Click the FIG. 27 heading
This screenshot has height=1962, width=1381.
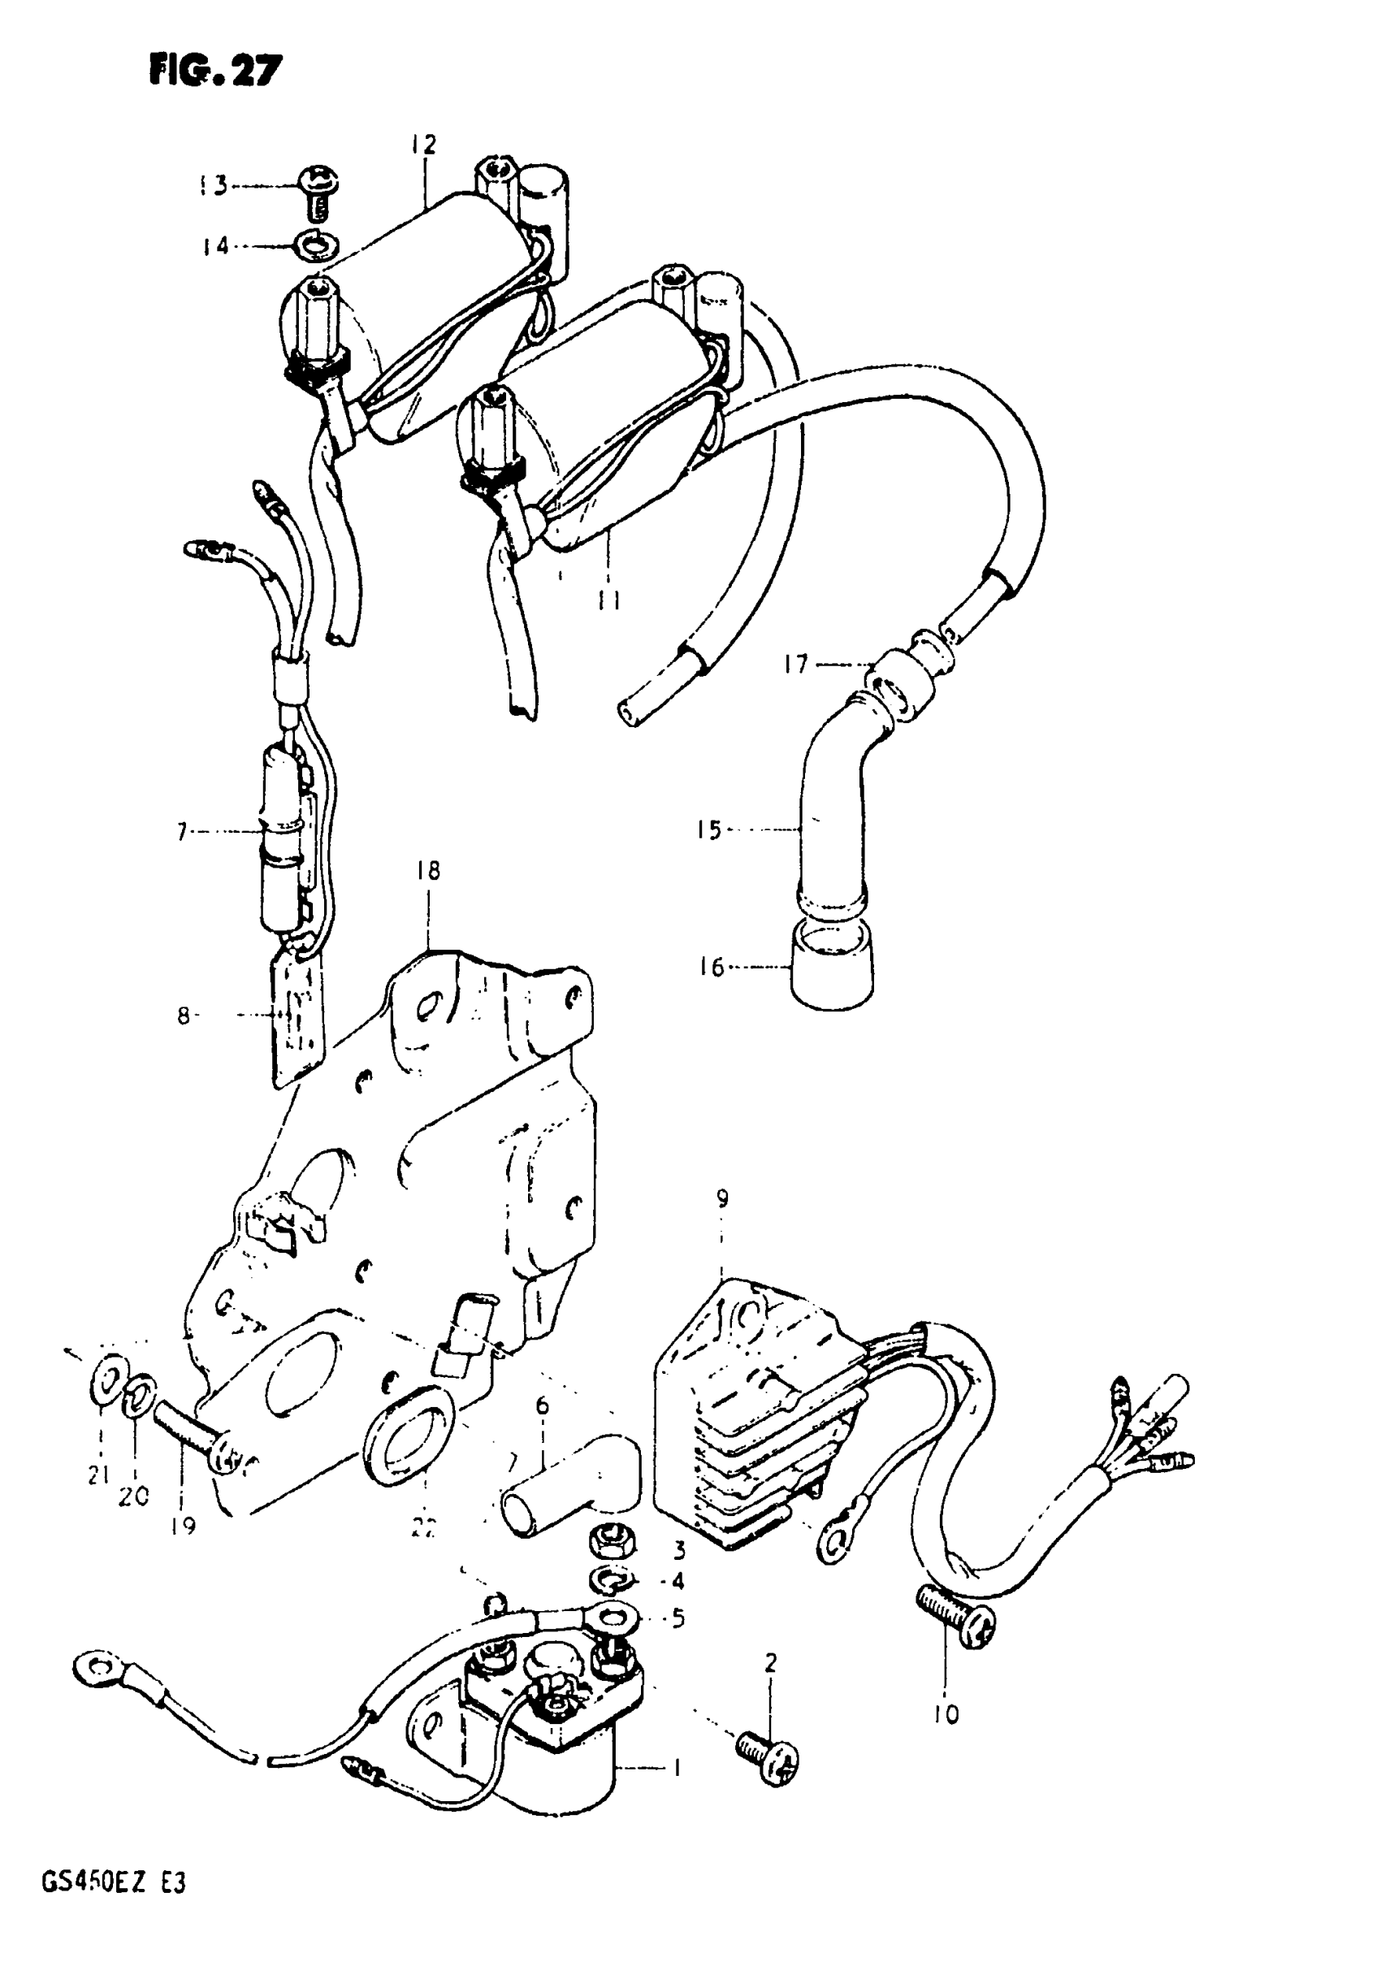(214, 70)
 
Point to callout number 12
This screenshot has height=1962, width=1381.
(423, 145)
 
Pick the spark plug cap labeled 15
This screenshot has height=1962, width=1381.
(833, 812)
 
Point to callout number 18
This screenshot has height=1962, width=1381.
(428, 871)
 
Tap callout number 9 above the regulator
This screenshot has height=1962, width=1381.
(722, 1199)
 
